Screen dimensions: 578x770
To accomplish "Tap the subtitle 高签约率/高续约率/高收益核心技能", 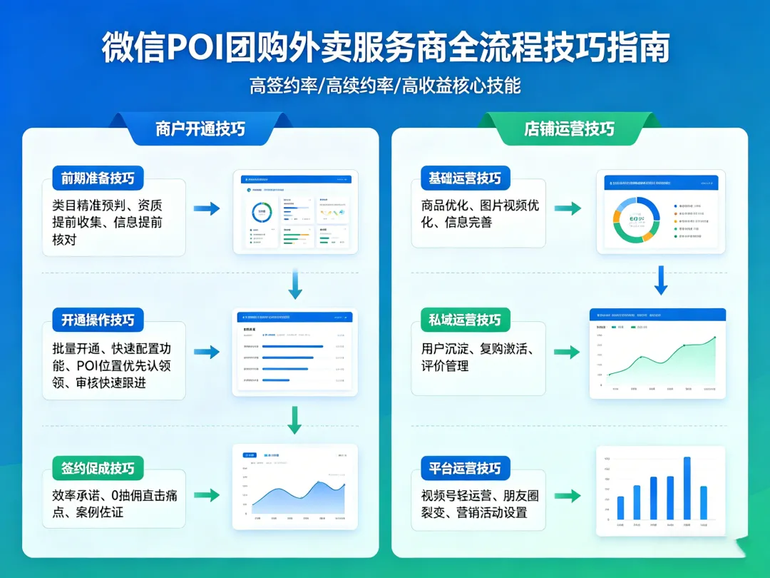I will [x=385, y=86].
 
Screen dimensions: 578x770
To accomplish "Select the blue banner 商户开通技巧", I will [x=200, y=128].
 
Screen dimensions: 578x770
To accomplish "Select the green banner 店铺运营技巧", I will [x=569, y=128].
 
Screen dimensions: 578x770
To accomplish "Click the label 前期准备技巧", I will [x=98, y=178].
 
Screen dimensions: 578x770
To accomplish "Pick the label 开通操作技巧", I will [x=98, y=320].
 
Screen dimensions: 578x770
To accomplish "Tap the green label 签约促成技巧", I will [x=98, y=468].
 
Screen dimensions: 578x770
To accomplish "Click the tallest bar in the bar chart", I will [x=687, y=488].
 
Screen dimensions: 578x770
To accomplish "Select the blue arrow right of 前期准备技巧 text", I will [x=207, y=208].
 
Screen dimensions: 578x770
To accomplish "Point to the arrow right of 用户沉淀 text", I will [x=568, y=352].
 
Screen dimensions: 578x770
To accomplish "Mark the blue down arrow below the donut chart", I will [x=661, y=280].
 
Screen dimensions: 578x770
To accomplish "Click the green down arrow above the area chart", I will [x=294, y=420].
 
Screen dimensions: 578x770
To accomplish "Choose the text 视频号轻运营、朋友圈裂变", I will [x=478, y=504].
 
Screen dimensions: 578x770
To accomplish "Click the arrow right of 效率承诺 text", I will [x=207, y=495].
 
